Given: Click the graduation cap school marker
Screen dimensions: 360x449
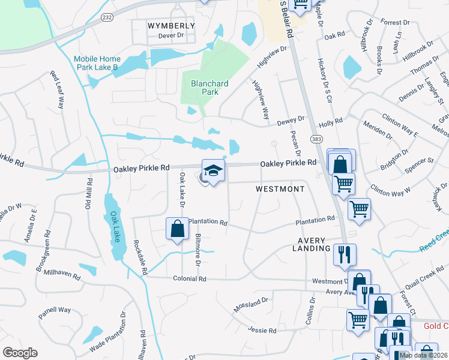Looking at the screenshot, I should (x=213, y=172).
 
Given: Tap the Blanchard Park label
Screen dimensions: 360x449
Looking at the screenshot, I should (x=209, y=88).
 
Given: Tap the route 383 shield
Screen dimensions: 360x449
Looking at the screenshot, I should (x=317, y=139).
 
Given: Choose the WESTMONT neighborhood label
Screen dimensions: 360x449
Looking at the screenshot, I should (x=280, y=188).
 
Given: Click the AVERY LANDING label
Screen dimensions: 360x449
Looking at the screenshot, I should (x=312, y=244).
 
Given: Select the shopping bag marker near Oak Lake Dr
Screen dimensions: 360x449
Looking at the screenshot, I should (x=177, y=229).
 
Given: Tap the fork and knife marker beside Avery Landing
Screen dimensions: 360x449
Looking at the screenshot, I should (x=344, y=254).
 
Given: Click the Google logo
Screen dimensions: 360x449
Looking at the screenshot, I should (x=20, y=353).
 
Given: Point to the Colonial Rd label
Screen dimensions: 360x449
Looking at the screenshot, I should (x=189, y=279).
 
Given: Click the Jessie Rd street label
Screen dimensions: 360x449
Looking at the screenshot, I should (x=263, y=330).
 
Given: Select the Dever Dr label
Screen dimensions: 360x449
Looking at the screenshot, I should (x=170, y=36).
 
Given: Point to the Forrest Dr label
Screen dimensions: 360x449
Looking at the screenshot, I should (x=394, y=22).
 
